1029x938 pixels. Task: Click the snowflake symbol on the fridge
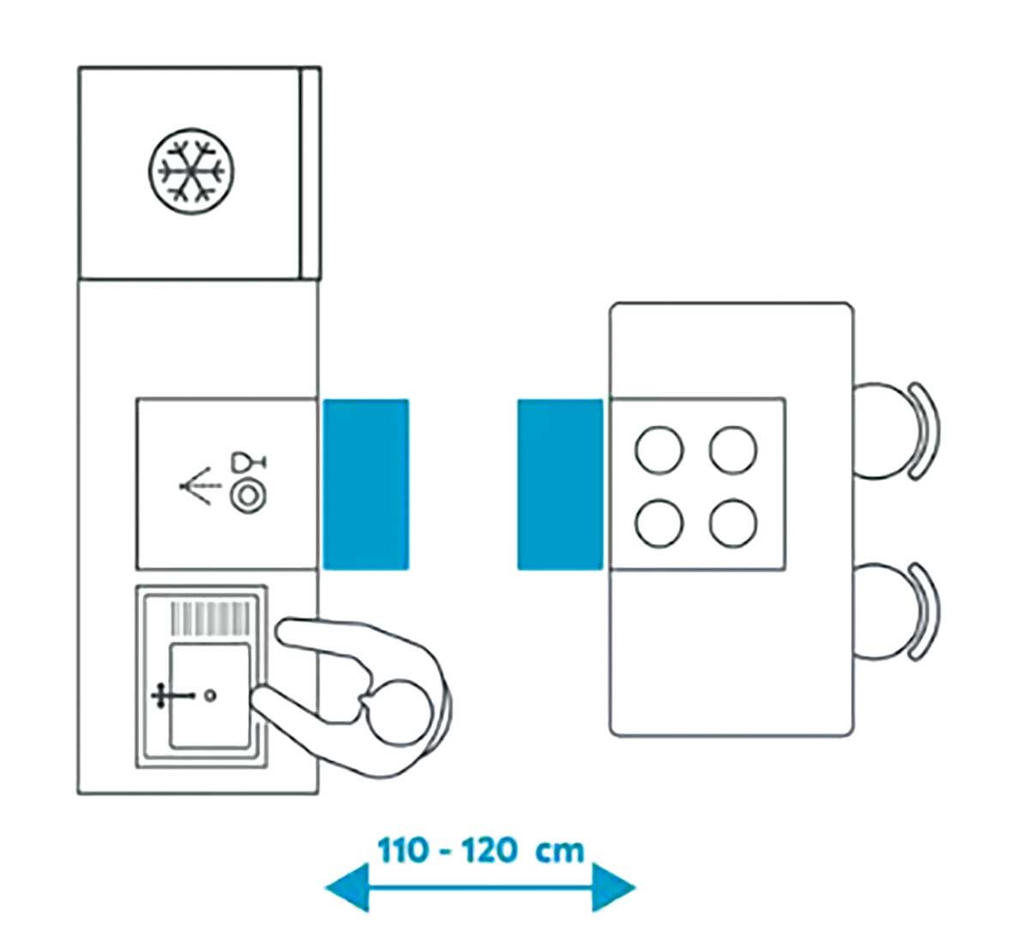pyautogui.click(x=190, y=169)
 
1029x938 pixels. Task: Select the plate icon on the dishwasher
pyautogui.click(x=248, y=497)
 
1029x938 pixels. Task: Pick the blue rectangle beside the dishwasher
pyautogui.click(x=365, y=484)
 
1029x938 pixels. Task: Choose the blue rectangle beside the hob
pyautogui.click(x=560, y=484)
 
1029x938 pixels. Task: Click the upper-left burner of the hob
pyautogui.click(x=659, y=450)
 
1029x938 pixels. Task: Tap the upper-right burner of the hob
pyautogui.click(x=733, y=450)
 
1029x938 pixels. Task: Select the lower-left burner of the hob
pyautogui.click(x=659, y=523)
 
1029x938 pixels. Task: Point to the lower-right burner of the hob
pyautogui.click(x=733, y=523)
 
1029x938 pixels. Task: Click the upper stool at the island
pyautogui.click(x=892, y=430)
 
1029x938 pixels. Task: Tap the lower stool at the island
pyautogui.click(x=892, y=611)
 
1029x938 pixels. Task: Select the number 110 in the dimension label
pyautogui.click(x=402, y=851)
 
